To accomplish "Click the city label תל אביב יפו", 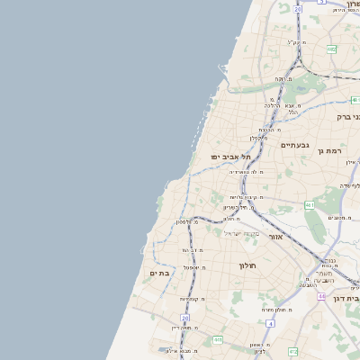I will pyautogui.click(x=229, y=157).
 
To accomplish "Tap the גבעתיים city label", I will pyautogui.click(x=294, y=145).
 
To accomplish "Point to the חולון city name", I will pyautogui.click(x=248, y=265).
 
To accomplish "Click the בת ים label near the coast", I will pyautogui.click(x=159, y=273).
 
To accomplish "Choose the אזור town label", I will pyautogui.click(x=276, y=237).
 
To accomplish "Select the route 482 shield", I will pyautogui.click(x=331, y=49).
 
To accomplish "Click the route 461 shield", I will pyautogui.click(x=309, y=206).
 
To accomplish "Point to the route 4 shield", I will pyautogui.click(x=269, y=322).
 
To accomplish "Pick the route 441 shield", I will pyautogui.click(x=217, y=339).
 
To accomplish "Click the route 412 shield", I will pyautogui.click(x=292, y=351).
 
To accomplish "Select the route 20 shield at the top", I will pyautogui.click(x=297, y=9).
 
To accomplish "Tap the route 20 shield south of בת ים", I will pyautogui.click(x=184, y=318).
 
